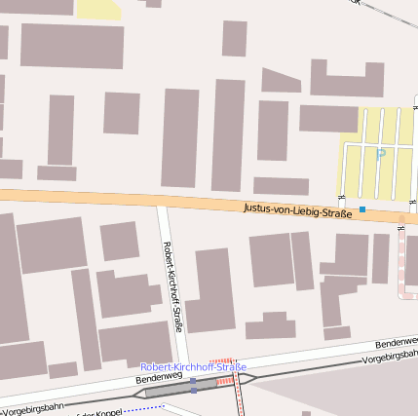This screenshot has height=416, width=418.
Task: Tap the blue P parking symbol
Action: (x=380, y=153)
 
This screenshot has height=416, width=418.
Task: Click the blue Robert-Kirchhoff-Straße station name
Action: (x=193, y=366)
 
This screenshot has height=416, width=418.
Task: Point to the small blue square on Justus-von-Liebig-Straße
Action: (x=362, y=209)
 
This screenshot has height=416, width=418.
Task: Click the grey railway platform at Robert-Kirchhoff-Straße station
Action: (x=180, y=388)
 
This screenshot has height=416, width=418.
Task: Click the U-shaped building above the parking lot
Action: (x=347, y=78)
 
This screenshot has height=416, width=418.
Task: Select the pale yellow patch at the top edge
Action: (x=98, y=9)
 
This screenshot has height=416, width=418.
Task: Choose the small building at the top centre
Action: (x=234, y=38)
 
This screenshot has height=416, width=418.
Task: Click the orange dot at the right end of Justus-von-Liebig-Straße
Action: (x=401, y=219)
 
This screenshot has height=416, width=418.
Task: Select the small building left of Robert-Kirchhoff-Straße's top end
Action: (x=119, y=241)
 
